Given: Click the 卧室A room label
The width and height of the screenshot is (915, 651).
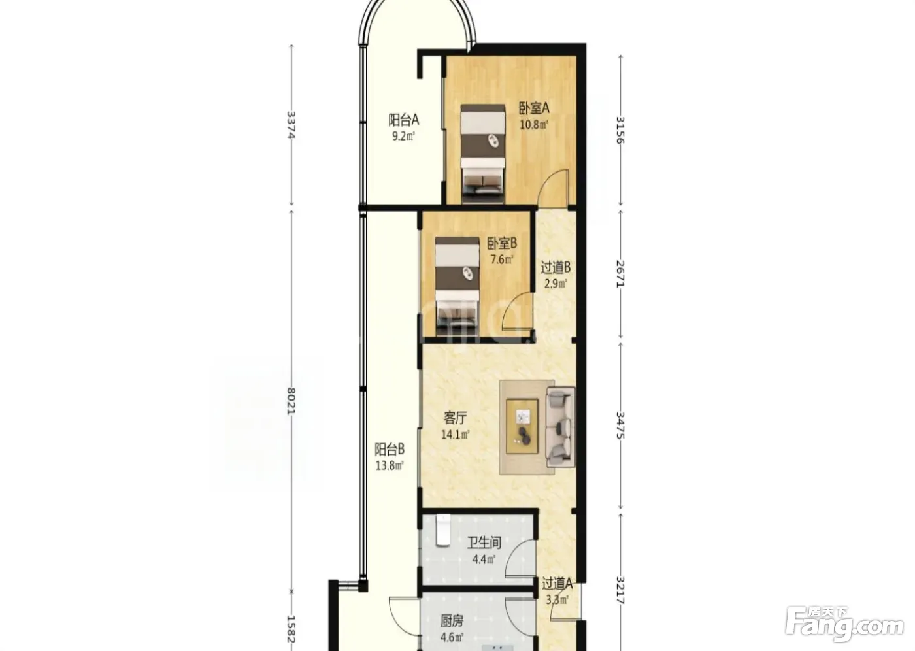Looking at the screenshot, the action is pos(534,108).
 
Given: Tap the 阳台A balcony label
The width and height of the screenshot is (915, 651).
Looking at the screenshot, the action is pos(404,120).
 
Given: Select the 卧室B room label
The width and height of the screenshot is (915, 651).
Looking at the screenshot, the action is pos(502,243).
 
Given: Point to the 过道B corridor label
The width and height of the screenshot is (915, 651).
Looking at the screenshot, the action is pos(556,267).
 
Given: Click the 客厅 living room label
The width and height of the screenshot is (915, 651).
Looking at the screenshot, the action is pos(455,418).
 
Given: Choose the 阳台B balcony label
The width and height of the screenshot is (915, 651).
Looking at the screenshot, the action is pos(390,449).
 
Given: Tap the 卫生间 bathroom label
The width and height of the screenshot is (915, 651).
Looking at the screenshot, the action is pos(484,542).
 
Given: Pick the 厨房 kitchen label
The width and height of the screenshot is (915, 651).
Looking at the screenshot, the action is pos(452,621).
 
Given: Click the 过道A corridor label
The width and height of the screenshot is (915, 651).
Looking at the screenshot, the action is pos(557,584).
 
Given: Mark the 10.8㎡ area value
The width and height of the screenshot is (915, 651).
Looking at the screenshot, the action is pos(533,125).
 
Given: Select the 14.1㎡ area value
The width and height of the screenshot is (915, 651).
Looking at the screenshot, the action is pos(455,435).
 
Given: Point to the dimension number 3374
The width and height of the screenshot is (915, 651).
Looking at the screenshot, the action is pos(291,125).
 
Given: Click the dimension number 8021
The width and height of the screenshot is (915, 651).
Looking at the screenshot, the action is pos(291,401).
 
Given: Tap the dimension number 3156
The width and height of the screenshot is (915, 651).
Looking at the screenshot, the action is pos(620,130).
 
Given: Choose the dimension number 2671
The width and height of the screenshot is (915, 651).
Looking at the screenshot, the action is pos(620,274).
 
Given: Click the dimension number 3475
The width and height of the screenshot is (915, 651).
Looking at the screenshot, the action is pos(620,425).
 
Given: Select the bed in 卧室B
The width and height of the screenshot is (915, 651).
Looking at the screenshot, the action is pos(457,287).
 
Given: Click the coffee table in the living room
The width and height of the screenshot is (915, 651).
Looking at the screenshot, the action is pos(522,426).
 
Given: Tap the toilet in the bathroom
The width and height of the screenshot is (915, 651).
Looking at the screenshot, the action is pos(443,530).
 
